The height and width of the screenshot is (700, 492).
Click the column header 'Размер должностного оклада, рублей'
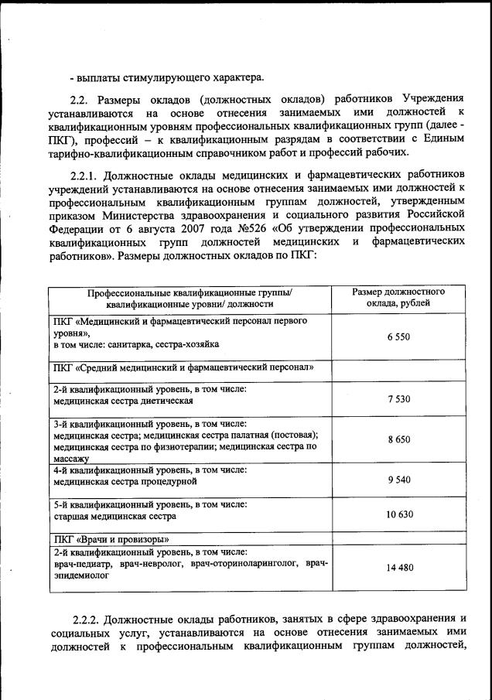click(x=398, y=298)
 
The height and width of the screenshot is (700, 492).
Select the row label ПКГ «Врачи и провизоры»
click(x=111, y=539)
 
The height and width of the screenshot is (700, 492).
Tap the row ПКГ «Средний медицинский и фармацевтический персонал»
click(x=183, y=367)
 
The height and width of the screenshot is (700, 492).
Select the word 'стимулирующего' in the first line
click(x=163, y=77)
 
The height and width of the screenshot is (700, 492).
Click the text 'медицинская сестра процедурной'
click(x=125, y=481)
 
